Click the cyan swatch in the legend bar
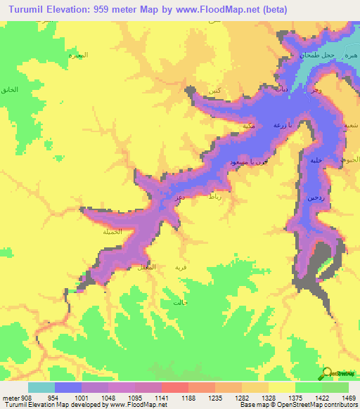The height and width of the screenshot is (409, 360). click(41, 387)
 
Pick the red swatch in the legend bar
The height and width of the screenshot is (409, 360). click(175, 387)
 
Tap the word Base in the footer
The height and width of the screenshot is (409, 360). click(245, 405)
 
